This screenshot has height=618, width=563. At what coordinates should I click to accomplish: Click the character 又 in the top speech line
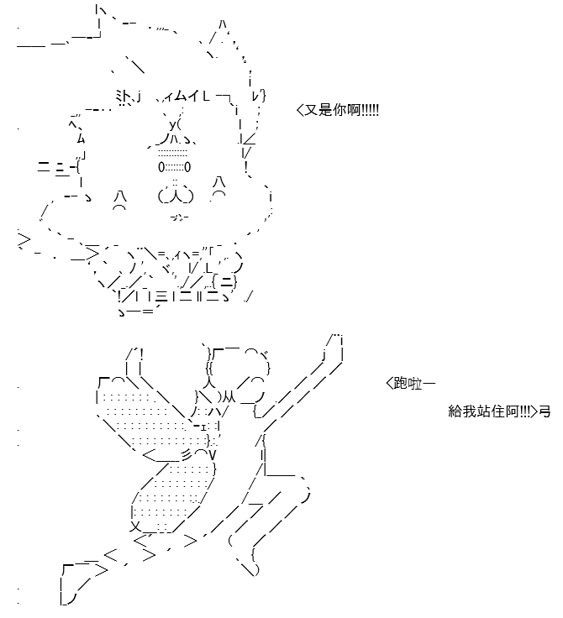pyautogui.click(x=311, y=110)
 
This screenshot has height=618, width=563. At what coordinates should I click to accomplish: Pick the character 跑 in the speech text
pyautogui.click(x=401, y=383)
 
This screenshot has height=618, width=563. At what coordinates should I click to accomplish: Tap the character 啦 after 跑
pyautogui.click(x=414, y=383)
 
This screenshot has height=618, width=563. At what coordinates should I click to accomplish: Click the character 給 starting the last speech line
pyautogui.click(x=455, y=411)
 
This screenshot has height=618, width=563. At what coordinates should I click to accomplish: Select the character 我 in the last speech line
pyautogui.click(x=469, y=411)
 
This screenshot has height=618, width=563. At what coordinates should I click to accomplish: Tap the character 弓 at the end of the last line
pyautogui.click(x=545, y=411)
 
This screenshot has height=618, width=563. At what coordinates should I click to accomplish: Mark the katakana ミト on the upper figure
pyautogui.click(x=124, y=97)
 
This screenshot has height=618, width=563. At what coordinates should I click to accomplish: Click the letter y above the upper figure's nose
pyautogui.click(x=173, y=125)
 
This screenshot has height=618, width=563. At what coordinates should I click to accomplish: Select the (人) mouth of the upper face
pyautogui.click(x=176, y=196)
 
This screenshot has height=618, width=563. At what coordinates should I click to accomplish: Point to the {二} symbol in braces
pyautogui.click(x=224, y=281)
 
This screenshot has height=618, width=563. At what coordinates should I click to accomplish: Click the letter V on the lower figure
pyautogui.click(x=213, y=456)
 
